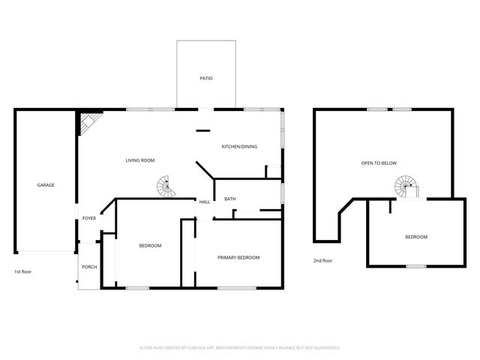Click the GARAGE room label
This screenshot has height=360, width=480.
[46, 184]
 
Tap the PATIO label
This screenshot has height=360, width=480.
[205, 78]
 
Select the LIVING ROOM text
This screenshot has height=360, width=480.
[139, 160]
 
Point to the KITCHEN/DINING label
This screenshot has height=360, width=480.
[239, 146]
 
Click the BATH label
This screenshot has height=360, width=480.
[230, 199]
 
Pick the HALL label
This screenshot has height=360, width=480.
[204, 202]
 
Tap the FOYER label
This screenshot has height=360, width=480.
[89, 218]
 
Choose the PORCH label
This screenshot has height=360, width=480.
[89, 267]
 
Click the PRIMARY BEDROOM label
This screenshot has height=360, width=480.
[238, 257]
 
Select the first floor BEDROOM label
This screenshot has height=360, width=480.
[150, 245]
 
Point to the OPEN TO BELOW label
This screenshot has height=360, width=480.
[379, 163]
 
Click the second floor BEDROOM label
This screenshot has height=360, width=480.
[416, 236]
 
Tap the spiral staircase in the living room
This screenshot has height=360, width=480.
[164, 187]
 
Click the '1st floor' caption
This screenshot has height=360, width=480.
[23, 271]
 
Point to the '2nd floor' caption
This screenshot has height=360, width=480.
[322, 260]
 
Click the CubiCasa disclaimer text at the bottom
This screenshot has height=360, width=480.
[240, 348]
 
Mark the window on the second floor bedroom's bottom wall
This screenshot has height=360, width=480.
[415, 266]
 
